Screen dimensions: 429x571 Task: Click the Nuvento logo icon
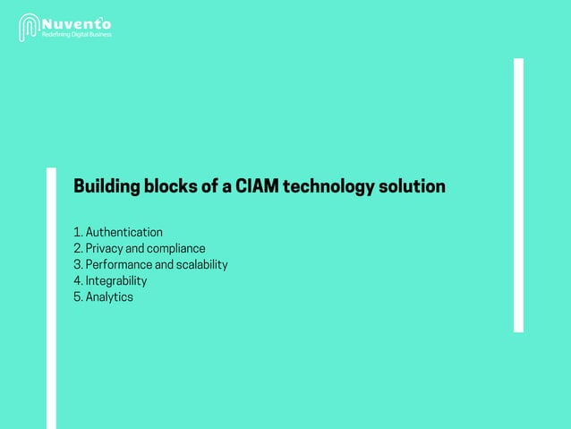30,26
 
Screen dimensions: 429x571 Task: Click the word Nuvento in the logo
78,21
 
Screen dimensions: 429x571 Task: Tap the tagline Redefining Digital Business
77,34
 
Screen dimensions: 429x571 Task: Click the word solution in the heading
411,188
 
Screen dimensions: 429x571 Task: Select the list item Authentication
124,233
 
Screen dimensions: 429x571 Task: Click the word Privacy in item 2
105,249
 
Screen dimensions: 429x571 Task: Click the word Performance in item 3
119,265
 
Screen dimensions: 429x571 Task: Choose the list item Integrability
116,281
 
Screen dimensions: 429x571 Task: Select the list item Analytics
109,297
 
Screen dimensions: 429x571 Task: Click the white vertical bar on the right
517,195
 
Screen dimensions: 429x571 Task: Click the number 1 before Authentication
76,233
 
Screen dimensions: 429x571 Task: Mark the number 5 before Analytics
77,297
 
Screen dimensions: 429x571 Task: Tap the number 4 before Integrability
77,281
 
